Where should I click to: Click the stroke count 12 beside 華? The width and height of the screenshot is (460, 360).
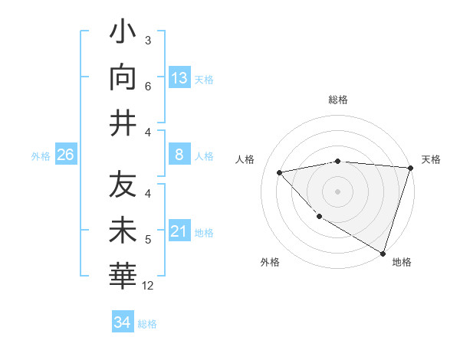click(x=148, y=286)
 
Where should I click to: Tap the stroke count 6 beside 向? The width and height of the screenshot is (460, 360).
click(x=148, y=87)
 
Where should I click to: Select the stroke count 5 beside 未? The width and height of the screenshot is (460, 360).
click(x=148, y=241)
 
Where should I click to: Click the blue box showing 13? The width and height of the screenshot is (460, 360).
click(x=179, y=78)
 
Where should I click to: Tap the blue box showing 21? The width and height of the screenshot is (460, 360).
click(x=179, y=231)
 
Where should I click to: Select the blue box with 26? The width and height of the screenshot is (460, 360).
click(x=66, y=155)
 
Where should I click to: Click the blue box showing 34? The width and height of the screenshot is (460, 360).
click(x=123, y=322)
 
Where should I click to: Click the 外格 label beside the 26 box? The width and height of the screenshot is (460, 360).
click(x=41, y=156)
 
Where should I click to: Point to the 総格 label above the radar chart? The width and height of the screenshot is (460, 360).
click(x=338, y=100)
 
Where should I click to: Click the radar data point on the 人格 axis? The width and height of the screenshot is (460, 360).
click(x=280, y=172)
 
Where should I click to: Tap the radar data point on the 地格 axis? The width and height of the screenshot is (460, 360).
click(x=383, y=252)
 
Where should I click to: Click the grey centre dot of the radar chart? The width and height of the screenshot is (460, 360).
click(x=337, y=191)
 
